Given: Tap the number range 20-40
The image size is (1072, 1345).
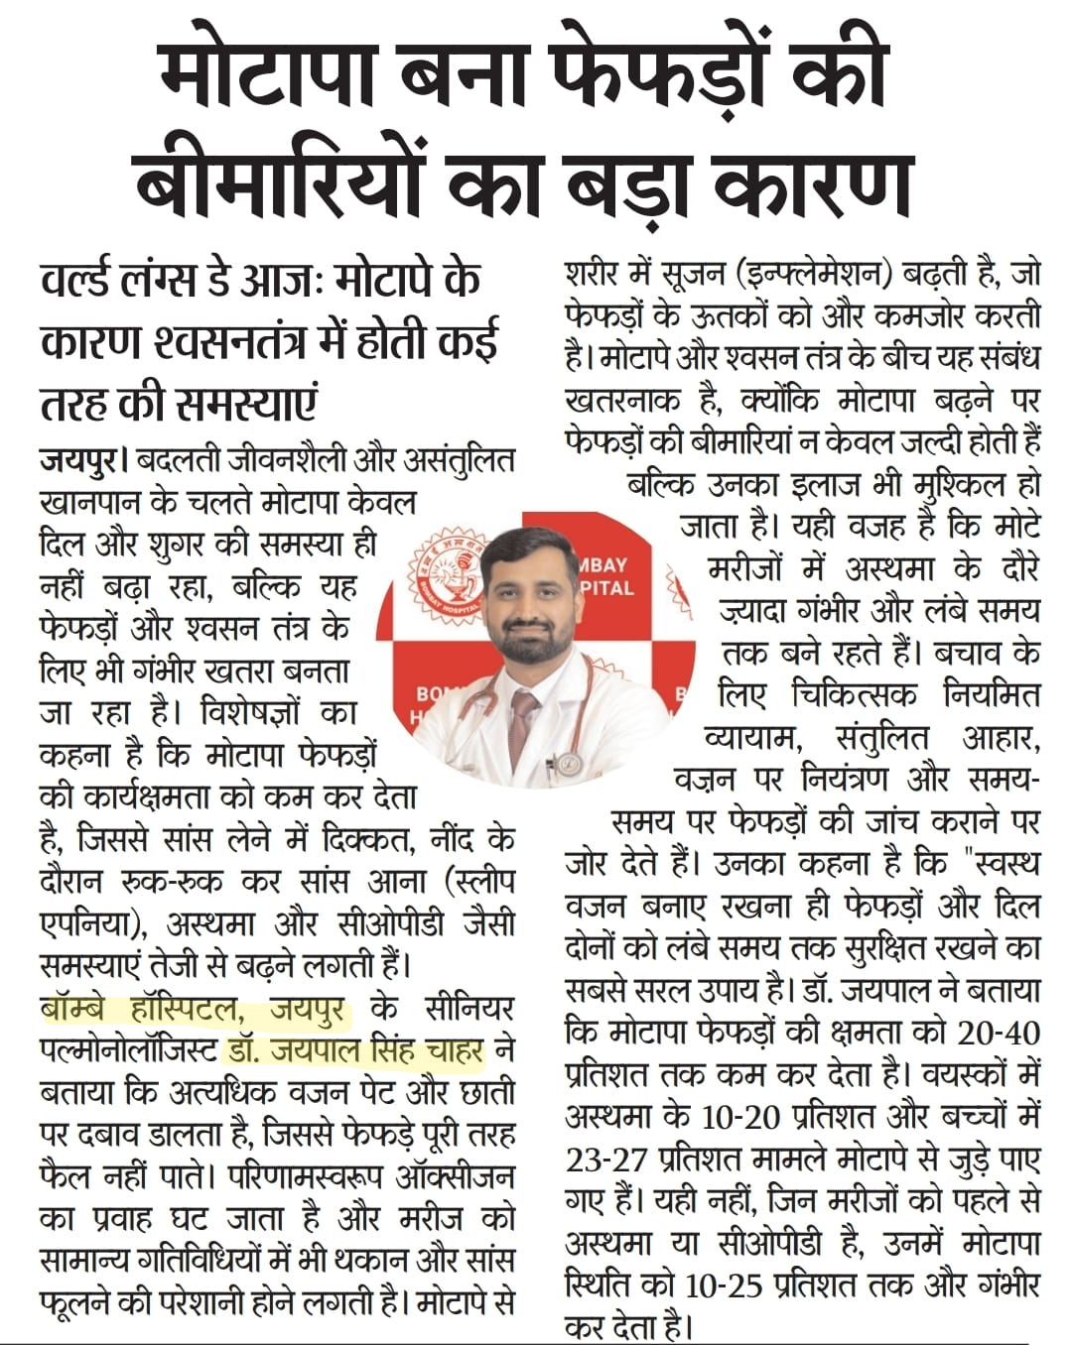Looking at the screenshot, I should (1000, 1033).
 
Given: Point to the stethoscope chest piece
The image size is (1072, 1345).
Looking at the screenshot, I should (569, 763).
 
